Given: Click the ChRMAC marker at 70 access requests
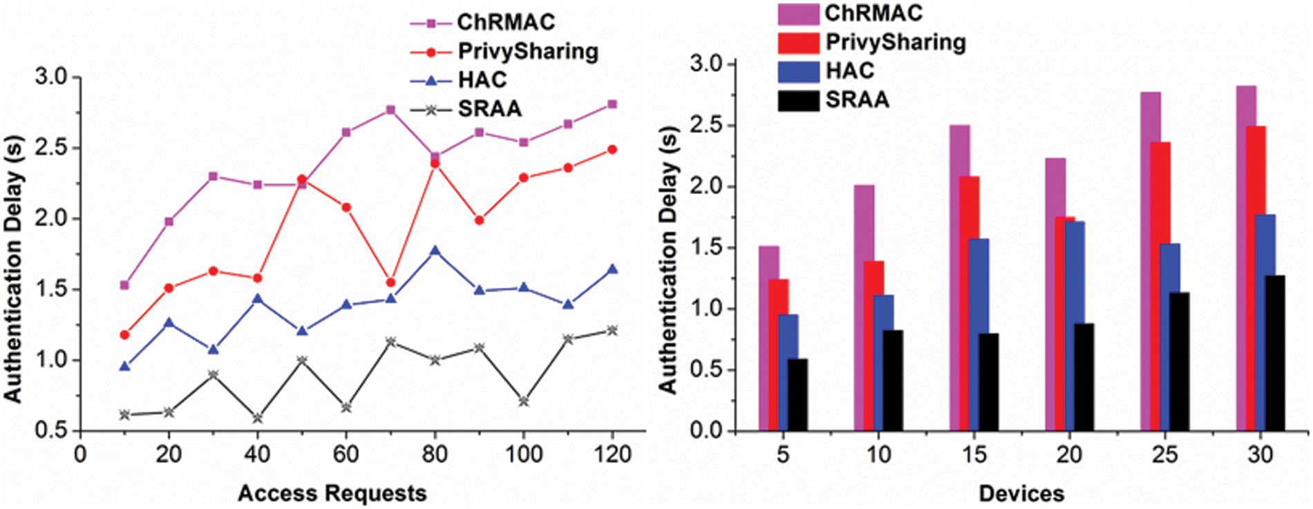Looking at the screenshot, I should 390,110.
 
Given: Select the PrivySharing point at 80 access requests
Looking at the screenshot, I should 435,164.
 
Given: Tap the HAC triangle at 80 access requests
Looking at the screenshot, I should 435,251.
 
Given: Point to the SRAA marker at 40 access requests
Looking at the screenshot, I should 258,418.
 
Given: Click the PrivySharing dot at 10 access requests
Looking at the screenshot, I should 124,335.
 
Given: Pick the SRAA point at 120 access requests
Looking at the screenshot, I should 612,330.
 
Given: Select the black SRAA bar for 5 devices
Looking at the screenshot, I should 797,395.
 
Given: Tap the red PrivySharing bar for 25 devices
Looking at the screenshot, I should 1160,287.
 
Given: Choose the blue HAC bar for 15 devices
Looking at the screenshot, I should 979,335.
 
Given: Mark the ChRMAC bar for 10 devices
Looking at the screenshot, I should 864,308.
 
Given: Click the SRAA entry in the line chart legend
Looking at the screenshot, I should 489,109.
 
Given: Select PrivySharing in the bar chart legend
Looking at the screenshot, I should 896,42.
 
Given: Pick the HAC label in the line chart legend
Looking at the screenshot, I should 482,80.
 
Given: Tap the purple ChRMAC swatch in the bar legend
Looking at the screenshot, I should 798,14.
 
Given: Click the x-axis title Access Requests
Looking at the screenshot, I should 332,494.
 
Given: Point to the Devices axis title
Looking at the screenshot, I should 1021,494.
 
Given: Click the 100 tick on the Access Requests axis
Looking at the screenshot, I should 523,454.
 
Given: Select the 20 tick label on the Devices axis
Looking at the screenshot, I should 1069,454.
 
